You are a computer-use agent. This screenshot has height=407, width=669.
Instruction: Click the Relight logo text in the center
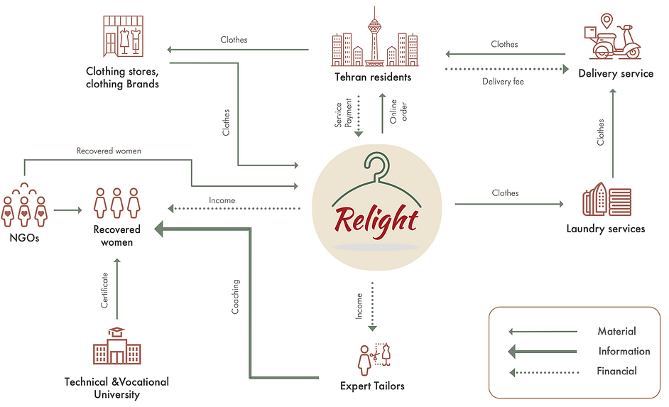coord(376,219)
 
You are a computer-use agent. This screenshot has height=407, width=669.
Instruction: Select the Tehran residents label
coord(373,77)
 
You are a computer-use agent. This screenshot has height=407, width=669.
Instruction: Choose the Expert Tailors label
coord(372,386)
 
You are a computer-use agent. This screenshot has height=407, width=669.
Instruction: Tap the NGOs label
coord(23,237)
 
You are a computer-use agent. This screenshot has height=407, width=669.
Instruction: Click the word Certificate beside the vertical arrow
coord(105,290)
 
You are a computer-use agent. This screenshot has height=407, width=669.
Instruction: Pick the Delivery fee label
coord(503,82)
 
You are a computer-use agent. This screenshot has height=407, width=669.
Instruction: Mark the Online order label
coord(398,112)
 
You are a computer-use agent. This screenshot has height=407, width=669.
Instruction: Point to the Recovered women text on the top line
coord(109,151)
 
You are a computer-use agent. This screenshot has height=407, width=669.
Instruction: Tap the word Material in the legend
coord(616,331)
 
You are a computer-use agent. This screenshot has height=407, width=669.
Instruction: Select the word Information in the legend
coord(624,351)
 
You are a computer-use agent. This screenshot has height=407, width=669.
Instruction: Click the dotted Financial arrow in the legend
coord(544,371)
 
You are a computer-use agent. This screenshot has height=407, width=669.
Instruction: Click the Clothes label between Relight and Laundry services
coord(505,193)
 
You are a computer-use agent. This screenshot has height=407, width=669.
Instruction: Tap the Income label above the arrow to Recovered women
coord(222,200)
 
